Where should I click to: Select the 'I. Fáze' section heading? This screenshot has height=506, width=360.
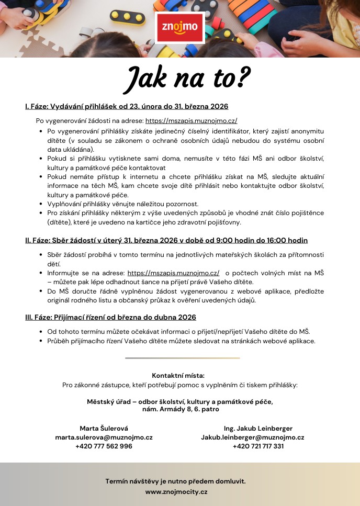click(x=127, y=107)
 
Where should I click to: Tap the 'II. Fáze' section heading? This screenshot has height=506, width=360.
click(x=166, y=241)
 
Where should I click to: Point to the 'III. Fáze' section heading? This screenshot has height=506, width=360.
click(x=110, y=318)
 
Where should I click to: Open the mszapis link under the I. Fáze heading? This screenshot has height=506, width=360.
click(x=191, y=120)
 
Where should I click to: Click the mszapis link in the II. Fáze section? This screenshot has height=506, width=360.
click(x=173, y=273)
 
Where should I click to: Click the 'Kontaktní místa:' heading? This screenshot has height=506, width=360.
click(x=178, y=376)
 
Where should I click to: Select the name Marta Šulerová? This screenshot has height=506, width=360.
click(x=104, y=429)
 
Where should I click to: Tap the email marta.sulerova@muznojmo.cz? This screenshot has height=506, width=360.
click(x=104, y=437)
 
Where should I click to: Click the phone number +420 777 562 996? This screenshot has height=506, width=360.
click(x=104, y=446)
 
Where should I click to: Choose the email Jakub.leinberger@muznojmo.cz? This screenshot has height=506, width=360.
click(x=253, y=437)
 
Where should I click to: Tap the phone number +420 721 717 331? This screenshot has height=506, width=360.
click(x=258, y=446)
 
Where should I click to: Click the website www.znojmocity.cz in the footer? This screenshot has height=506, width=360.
click(x=176, y=492)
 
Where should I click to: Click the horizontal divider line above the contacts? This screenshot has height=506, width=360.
click(x=182, y=358)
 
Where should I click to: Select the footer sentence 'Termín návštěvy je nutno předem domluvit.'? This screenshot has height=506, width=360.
click(x=175, y=481)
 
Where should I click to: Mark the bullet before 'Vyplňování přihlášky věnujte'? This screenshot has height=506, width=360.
click(x=41, y=204)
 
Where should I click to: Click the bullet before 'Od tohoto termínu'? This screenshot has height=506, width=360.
click(x=41, y=332)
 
